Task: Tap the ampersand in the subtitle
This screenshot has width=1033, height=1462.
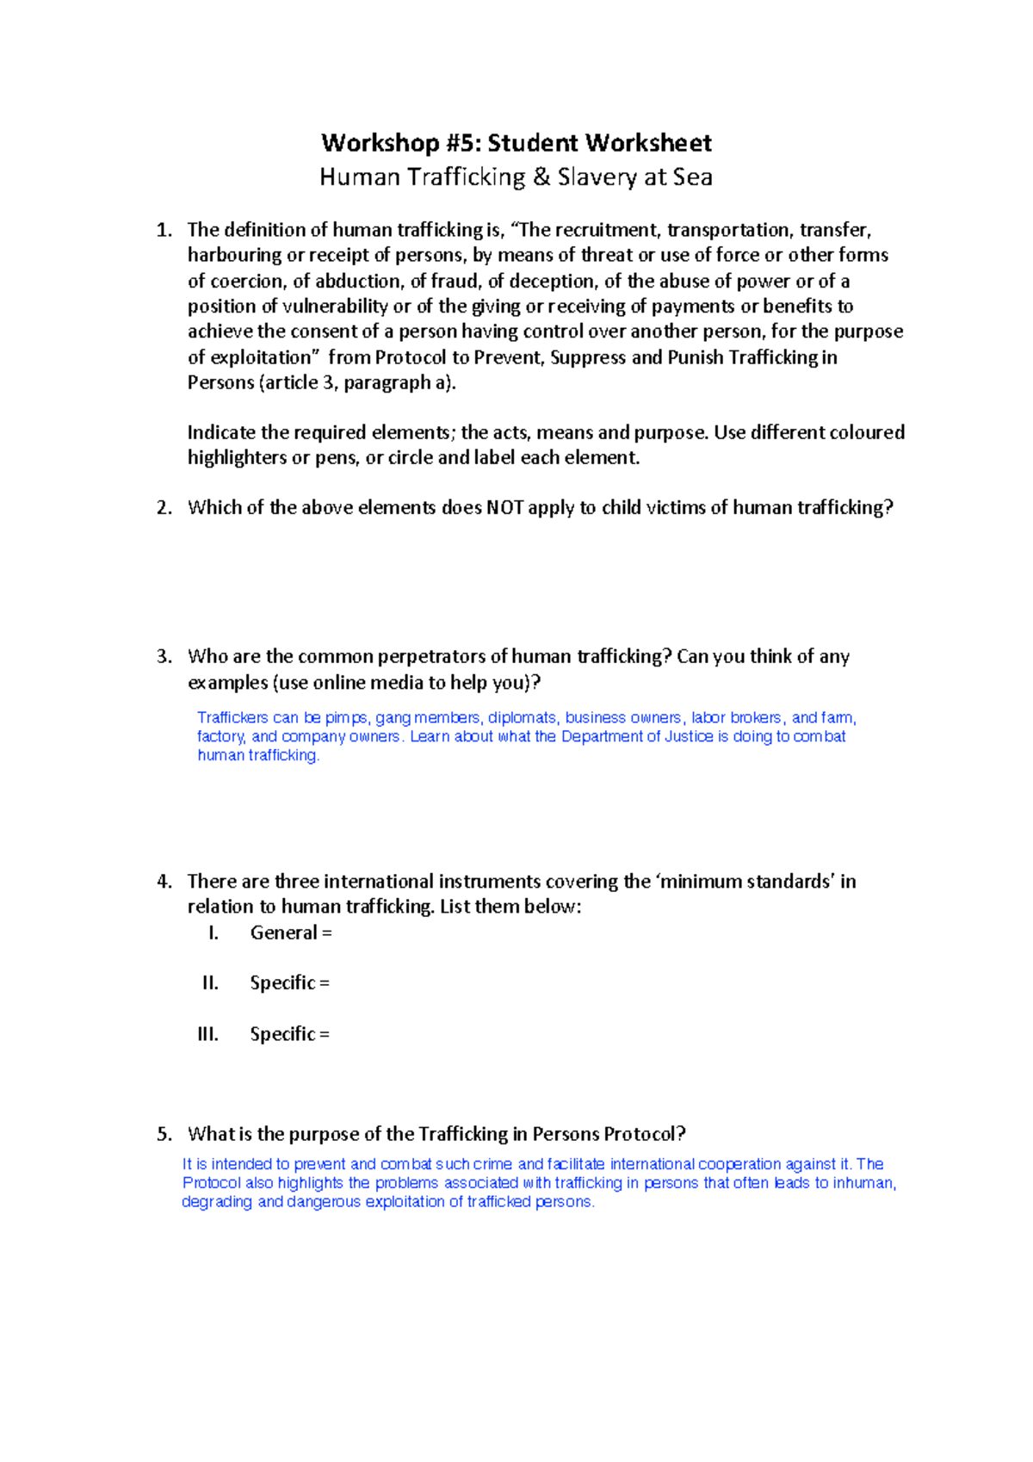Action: click(541, 177)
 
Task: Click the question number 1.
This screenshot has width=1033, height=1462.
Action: click(164, 230)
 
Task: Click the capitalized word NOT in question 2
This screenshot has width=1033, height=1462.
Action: click(504, 508)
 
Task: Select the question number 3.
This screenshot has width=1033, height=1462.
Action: click(164, 657)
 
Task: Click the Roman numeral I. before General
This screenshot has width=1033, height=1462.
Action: click(213, 933)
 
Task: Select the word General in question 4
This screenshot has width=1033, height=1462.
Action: click(283, 933)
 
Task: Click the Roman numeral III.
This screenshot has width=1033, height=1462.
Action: click(207, 1034)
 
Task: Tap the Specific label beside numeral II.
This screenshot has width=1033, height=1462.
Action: click(282, 983)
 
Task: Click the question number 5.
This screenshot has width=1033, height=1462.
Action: click(164, 1134)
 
